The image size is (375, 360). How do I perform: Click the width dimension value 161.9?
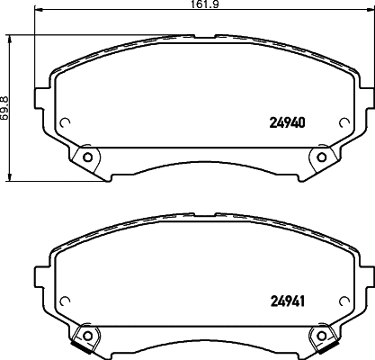187,5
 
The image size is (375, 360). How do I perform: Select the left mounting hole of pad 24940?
87,158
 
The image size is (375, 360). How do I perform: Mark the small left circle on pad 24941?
65,302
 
